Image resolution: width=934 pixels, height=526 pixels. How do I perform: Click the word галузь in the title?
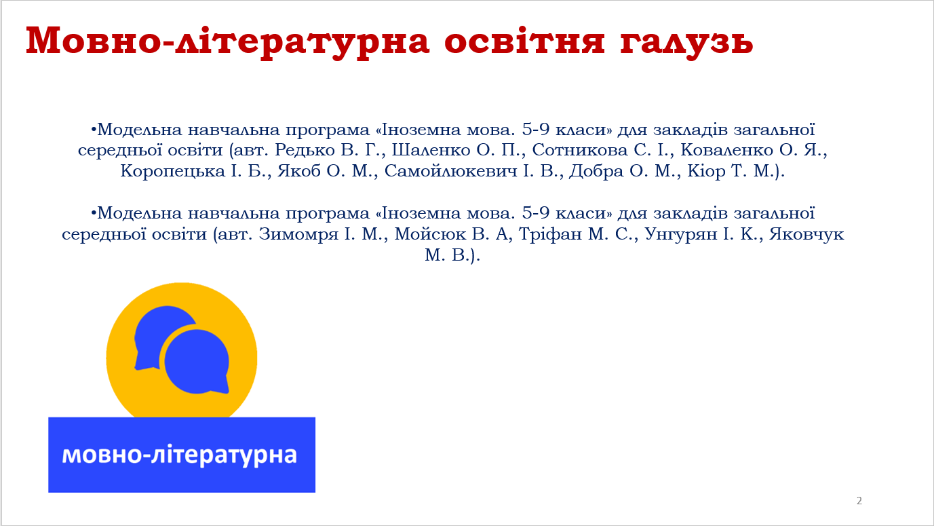coord(686,41)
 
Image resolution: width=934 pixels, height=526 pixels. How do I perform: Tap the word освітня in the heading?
coord(524,41)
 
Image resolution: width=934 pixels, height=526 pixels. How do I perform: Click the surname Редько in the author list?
coord(305,150)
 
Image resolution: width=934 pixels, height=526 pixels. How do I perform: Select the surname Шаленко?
coord(431,150)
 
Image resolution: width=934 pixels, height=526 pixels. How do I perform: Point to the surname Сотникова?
coord(580,150)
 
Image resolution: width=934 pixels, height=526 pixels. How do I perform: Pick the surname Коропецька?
coord(172,172)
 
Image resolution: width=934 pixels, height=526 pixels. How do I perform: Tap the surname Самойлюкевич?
coord(451,171)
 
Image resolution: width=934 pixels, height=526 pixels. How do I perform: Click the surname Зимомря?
coord(298,234)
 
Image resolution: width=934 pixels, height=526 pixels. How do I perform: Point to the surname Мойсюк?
coord(430,234)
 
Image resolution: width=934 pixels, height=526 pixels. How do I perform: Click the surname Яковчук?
coord(806,234)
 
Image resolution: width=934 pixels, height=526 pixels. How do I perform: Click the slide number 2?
coord(859,501)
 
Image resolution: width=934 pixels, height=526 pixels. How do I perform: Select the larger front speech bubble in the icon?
coord(197,362)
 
